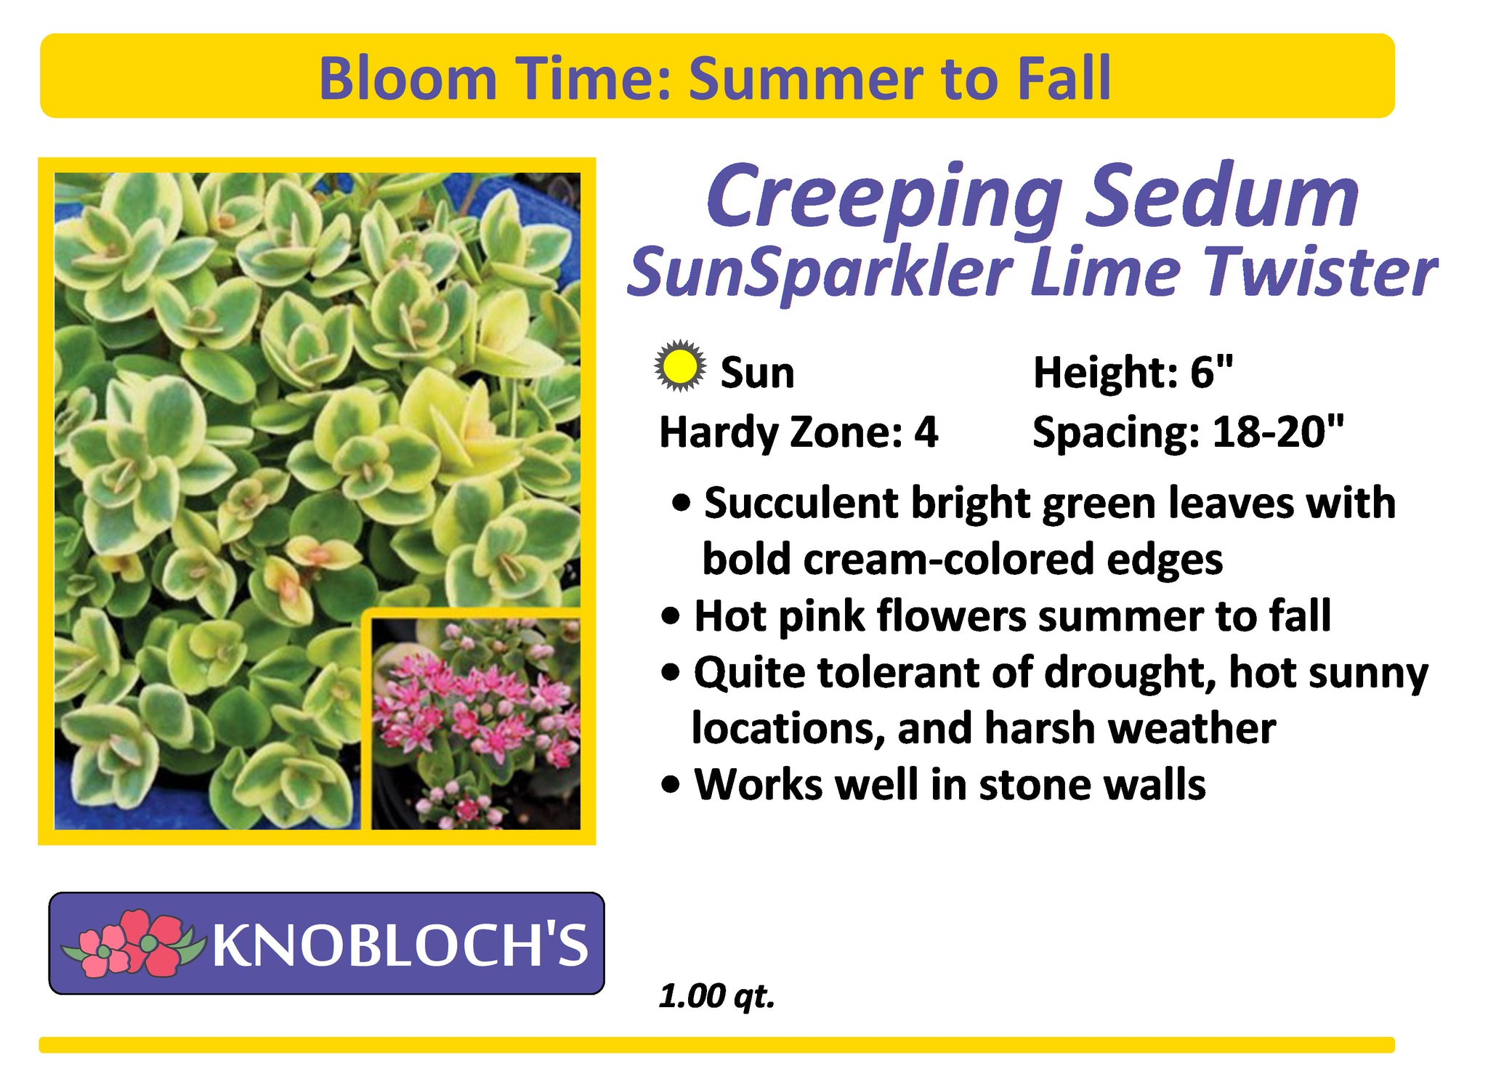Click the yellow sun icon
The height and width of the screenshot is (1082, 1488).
tap(679, 366)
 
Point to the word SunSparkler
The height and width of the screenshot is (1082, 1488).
tap(820, 273)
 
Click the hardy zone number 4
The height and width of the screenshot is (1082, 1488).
tap(926, 432)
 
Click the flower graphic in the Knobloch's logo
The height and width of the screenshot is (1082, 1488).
tap(130, 942)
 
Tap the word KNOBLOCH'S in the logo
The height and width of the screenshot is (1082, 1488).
tap(400, 945)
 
